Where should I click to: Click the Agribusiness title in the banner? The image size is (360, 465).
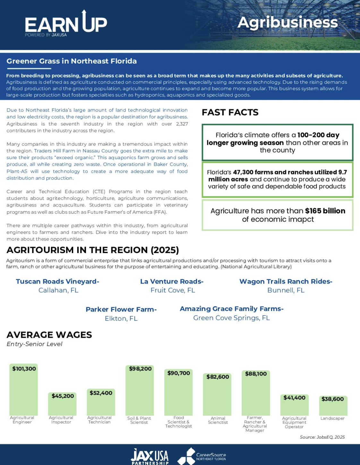tap(287, 22)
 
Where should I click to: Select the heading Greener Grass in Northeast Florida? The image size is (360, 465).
tap(72, 61)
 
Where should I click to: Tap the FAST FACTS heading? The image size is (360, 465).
tap(230, 112)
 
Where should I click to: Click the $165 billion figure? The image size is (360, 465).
tap(325, 211)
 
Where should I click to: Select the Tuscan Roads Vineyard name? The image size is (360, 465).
tap(57, 282)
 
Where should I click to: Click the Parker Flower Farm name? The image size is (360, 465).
tap(121, 310)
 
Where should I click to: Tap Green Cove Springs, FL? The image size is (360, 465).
tap(231, 318)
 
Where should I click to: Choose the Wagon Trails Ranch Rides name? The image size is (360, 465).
tap(286, 282)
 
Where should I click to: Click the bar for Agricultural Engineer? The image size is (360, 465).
tap(24, 395)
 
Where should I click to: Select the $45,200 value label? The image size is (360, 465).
tap(63, 396)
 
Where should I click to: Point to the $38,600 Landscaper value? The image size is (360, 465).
tap(333, 399)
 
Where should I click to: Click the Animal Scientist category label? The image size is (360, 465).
tap(218, 420)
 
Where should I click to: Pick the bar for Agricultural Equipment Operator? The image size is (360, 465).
tap(294, 408)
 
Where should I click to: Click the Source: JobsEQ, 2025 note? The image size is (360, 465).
tap(322, 437)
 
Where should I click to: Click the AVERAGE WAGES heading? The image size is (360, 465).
tap(49, 335)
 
